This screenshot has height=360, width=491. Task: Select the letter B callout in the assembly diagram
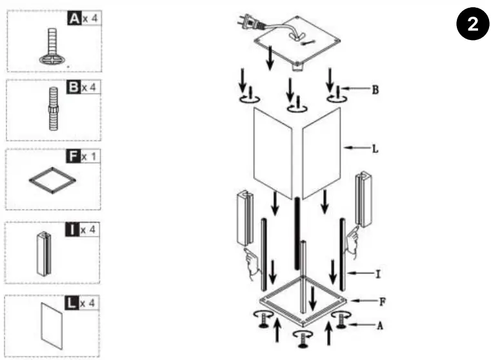click(375, 90)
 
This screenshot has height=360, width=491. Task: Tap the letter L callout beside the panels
click(375, 148)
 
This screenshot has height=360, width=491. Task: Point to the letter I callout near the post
click(378, 274)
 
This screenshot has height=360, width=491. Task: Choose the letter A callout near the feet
click(380, 326)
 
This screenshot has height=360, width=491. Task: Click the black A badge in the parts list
click(74, 19)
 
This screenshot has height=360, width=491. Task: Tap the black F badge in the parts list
click(74, 156)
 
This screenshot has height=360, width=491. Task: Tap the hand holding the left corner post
click(251, 257)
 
